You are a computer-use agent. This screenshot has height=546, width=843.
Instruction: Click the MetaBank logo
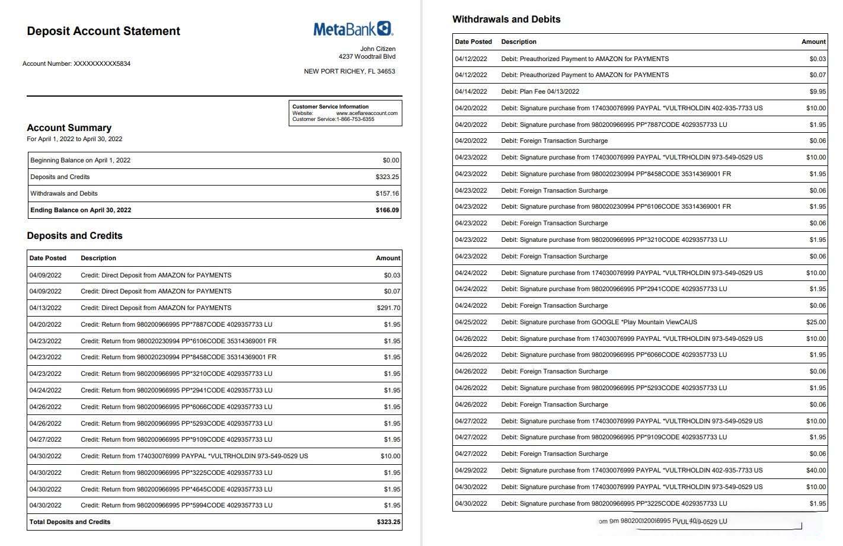[x=353, y=28]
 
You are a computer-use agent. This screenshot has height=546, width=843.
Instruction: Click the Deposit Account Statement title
[x=103, y=31]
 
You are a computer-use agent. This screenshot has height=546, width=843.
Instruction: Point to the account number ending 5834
[x=76, y=63]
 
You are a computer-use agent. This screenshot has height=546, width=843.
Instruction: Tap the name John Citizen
[x=378, y=49]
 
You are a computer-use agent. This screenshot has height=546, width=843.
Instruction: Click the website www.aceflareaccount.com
[x=366, y=113]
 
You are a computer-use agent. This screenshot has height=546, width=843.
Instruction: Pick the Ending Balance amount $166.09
[x=387, y=210]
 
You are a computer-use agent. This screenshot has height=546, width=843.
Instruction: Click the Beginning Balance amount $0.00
[x=391, y=160]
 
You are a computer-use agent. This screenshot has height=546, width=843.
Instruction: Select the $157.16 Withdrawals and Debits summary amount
[x=387, y=193]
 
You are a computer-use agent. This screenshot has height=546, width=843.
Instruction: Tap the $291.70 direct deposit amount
[x=388, y=308]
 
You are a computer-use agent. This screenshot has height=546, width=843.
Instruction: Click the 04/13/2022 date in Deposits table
[x=46, y=308]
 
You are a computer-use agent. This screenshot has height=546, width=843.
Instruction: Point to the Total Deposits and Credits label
[x=70, y=522]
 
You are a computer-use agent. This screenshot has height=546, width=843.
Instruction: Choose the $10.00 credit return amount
[x=390, y=456]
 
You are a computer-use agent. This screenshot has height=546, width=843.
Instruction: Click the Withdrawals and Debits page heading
[x=506, y=20]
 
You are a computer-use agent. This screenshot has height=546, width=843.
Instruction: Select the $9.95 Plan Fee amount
[x=818, y=91]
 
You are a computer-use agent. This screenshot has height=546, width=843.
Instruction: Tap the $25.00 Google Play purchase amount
[x=816, y=322]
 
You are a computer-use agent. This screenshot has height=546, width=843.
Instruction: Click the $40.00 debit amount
[x=816, y=470]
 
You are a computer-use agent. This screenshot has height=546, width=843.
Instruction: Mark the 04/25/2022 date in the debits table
[x=471, y=322]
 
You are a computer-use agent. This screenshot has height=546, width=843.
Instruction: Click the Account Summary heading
[x=69, y=128]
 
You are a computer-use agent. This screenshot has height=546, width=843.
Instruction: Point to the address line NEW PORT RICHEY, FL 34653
[x=349, y=71]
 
